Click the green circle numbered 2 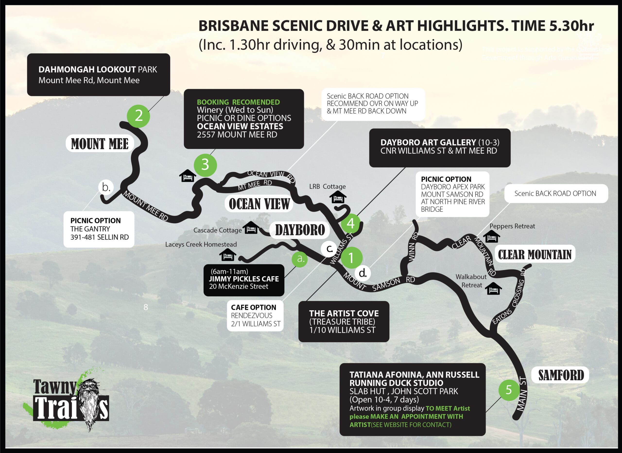tap(138, 116)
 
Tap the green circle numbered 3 tap(205, 165)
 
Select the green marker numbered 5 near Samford tap(509, 389)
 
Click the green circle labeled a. tap(300, 259)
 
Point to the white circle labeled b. tap(106, 187)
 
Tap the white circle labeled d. tap(363, 273)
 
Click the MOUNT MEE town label tap(100, 144)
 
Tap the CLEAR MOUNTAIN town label tap(535, 254)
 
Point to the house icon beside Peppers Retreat tap(492, 237)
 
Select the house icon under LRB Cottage tap(337, 197)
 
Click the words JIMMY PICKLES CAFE tap(243, 279)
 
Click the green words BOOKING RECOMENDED tap(238, 102)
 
